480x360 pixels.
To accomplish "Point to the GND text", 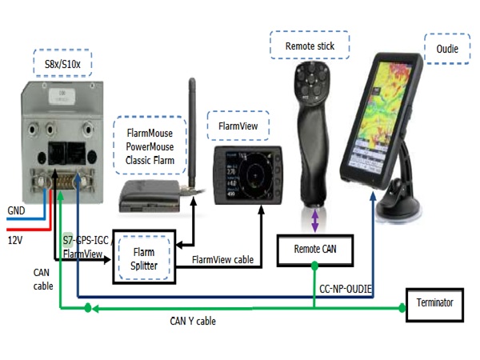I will click(x=16, y=211).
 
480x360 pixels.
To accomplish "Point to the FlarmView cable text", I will click(x=223, y=260).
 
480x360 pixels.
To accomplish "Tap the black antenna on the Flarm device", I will click(x=191, y=128).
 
